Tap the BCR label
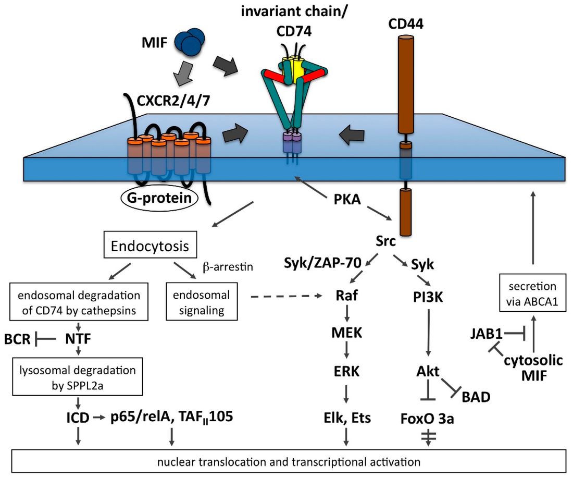click(18, 340)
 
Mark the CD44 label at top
click(404, 25)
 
